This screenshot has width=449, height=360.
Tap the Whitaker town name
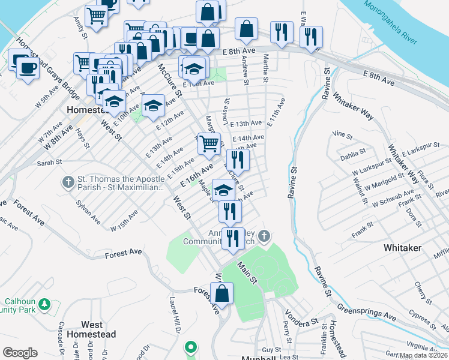pos(402,247)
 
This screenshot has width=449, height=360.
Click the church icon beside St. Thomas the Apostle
pos(69,181)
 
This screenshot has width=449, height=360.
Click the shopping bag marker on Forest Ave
pos(221,294)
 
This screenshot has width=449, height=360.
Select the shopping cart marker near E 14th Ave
pos(209,143)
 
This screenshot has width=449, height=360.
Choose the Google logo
pos(20,353)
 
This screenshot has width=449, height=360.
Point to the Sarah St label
pos(50,162)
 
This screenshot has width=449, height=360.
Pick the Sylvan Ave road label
pos(88,212)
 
